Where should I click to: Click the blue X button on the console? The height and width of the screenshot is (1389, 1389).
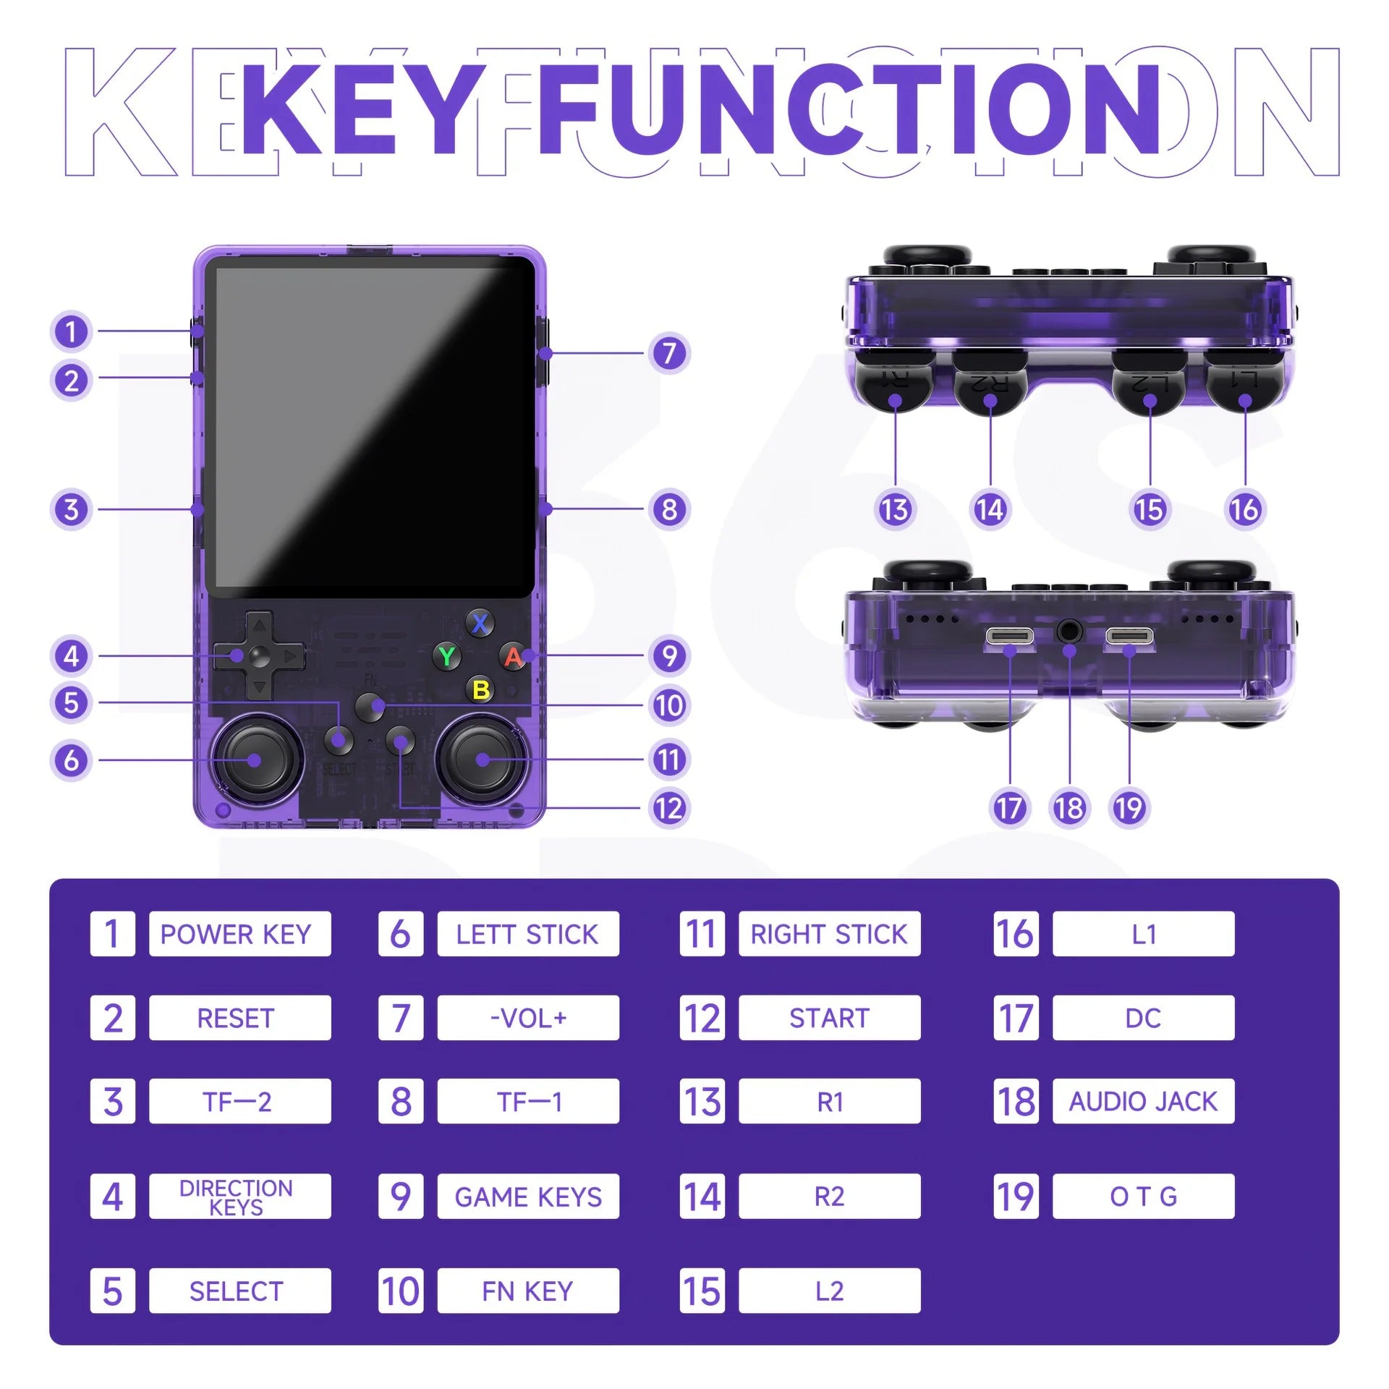480,623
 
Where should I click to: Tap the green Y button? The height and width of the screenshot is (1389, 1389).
447,656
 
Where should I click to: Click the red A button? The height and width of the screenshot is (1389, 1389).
513,656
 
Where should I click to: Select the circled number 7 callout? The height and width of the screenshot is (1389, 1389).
669,353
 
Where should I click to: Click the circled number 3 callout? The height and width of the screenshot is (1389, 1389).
71,509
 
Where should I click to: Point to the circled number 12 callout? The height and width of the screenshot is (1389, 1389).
669,807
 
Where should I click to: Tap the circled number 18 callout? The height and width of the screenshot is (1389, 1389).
1069,807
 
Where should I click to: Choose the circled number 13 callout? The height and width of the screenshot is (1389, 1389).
895,509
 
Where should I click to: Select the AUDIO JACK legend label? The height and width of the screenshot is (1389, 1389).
1143,1101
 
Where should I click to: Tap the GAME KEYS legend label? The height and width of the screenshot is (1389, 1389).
528,1197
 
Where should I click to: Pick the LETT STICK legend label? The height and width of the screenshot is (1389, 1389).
528,934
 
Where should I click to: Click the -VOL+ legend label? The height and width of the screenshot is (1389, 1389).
528,1018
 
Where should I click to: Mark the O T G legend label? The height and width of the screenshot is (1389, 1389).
1143,1197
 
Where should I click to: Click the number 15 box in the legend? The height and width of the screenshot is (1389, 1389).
702,1291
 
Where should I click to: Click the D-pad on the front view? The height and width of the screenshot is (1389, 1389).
258,656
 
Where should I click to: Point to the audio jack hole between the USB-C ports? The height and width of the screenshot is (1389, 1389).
1069,631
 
